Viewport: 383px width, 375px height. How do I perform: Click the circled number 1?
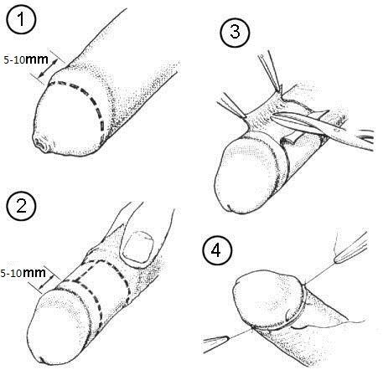(x=21, y=20)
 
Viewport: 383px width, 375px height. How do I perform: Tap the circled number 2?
(x=21, y=206)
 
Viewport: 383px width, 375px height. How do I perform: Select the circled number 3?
(x=235, y=32)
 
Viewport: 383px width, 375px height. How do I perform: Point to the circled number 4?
(x=216, y=250)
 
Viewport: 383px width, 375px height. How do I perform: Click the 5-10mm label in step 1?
(x=26, y=59)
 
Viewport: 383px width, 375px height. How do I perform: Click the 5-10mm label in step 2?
(x=23, y=273)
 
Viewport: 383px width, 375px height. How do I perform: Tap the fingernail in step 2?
(x=139, y=247)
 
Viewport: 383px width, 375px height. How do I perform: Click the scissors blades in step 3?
(x=299, y=123)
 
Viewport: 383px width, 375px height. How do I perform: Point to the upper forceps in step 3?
(x=271, y=71)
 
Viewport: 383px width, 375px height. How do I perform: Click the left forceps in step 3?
(x=231, y=105)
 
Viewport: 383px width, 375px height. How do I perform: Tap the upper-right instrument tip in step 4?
(x=349, y=249)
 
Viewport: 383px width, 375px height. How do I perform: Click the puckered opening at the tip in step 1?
(x=40, y=144)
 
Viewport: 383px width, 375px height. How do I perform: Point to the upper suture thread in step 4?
(x=320, y=273)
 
